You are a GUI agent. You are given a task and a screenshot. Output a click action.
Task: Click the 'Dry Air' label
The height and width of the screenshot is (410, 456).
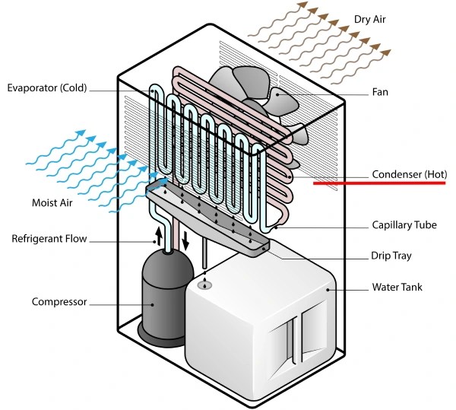(x=374, y=19)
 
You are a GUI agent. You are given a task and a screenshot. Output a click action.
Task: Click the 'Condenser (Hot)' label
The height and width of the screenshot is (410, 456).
(x=409, y=174)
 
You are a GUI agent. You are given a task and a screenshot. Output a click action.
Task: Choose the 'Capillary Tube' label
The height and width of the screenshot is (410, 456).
(x=404, y=225)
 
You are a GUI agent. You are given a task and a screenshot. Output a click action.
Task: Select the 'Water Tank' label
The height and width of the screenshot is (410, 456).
(x=396, y=288)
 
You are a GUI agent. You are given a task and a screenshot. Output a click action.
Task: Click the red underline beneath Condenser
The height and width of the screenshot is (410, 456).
(x=379, y=183)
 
